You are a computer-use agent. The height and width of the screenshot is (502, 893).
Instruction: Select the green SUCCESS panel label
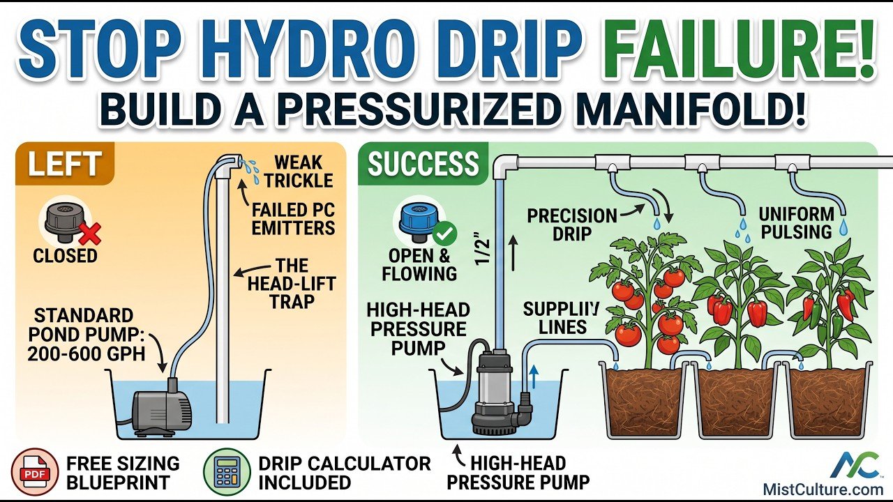423,163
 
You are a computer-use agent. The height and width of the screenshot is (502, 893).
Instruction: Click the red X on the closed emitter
90,234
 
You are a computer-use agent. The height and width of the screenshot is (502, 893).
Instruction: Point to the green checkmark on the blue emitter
444,234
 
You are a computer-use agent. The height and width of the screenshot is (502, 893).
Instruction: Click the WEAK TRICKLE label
299,172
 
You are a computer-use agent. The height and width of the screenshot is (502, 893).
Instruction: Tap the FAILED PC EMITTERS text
293,219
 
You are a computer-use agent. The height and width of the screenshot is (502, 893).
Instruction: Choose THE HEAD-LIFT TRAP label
292,283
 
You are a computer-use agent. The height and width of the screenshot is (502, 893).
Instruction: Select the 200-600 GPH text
86,353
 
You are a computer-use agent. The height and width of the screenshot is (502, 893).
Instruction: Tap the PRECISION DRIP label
572,225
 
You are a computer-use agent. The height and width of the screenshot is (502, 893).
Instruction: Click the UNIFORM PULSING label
797,222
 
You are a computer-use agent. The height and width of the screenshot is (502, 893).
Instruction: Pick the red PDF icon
35,472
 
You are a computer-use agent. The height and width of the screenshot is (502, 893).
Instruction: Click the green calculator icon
227,472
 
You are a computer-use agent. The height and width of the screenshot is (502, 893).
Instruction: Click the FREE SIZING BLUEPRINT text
123,473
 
